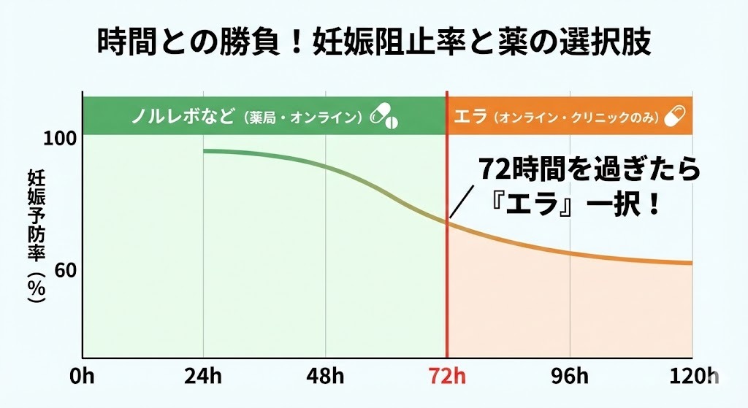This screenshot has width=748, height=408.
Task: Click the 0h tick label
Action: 83,377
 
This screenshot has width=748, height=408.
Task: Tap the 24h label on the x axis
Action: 203,377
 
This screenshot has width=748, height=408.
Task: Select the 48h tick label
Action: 326,377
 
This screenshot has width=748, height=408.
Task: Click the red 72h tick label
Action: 447,377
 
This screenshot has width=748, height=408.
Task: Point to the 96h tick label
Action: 570,377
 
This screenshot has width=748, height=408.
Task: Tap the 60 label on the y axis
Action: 66,271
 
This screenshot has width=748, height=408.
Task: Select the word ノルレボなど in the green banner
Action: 183,115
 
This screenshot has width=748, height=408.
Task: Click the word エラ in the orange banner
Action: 470,115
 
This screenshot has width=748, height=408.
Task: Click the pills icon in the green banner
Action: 386,115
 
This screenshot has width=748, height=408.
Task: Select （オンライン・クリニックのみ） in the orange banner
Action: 576,116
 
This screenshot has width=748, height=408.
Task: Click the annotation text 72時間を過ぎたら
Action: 589,170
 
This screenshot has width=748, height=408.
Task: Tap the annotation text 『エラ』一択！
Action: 577,202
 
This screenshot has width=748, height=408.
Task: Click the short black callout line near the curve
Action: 459,203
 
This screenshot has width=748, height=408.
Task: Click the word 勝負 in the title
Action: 270,42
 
